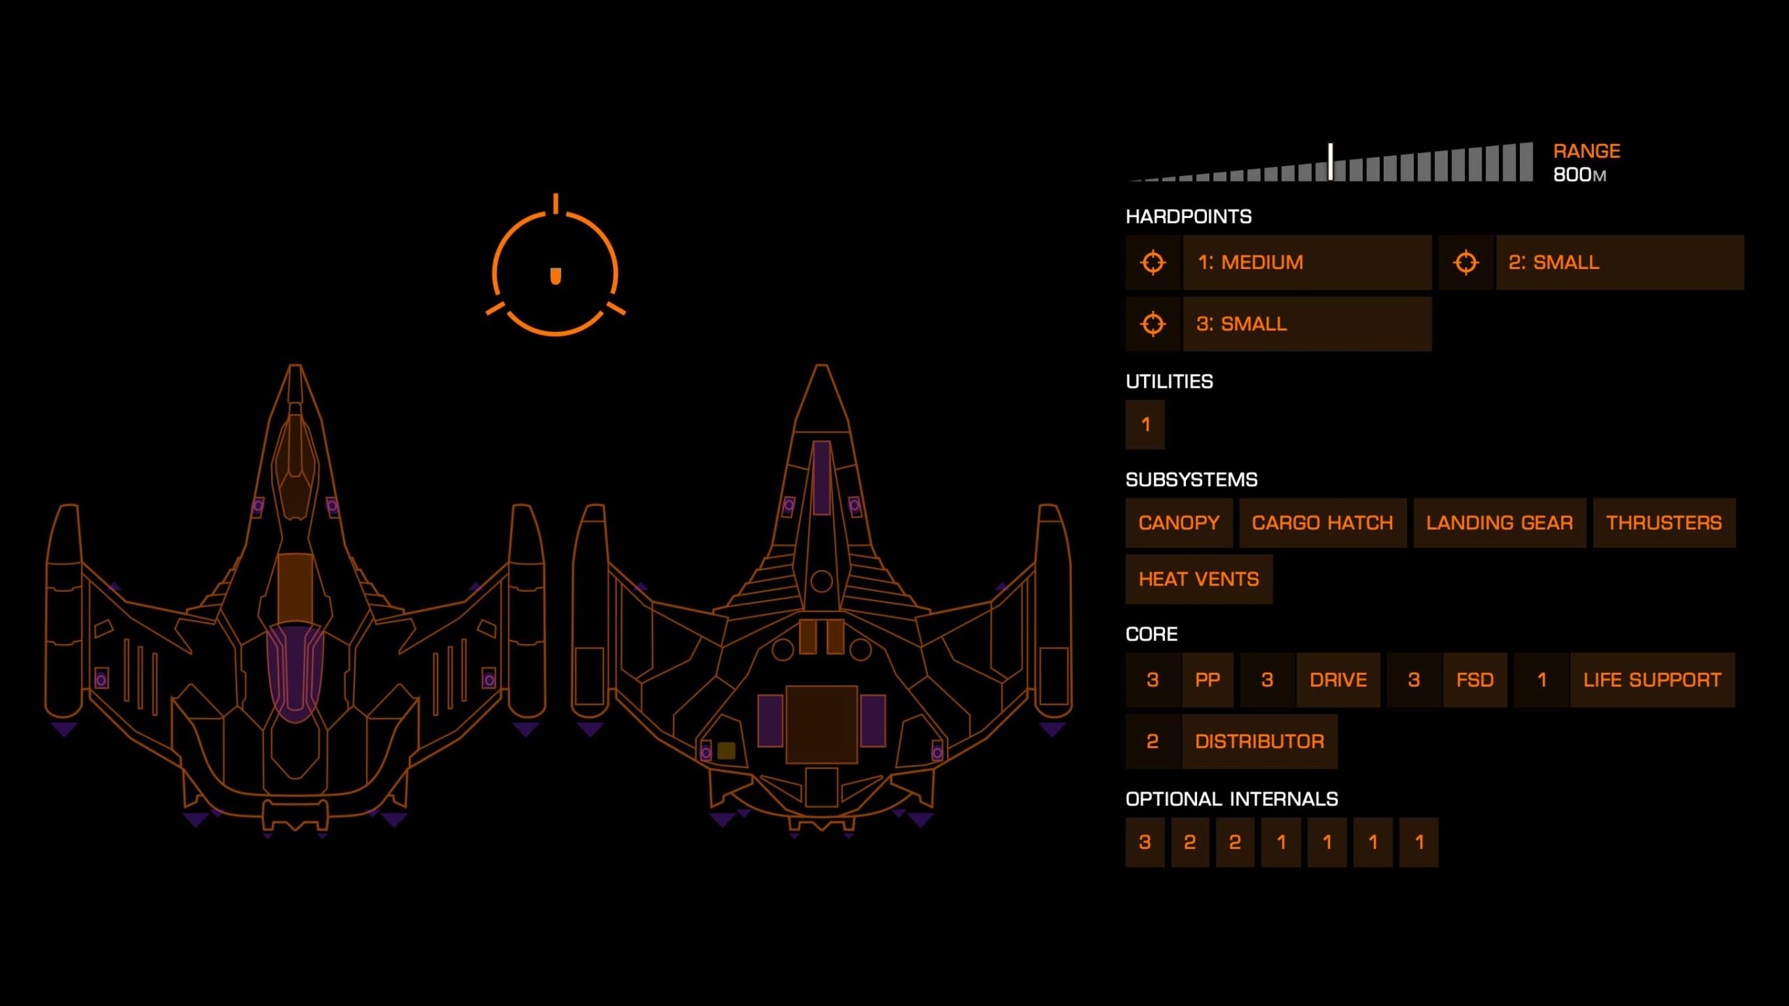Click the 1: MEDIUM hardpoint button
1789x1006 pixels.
click(1306, 263)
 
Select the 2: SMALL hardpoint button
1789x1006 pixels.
click(1619, 263)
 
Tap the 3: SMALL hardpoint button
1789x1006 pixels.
click(1306, 324)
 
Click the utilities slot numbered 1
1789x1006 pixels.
click(1145, 424)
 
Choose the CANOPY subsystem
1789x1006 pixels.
click(1178, 523)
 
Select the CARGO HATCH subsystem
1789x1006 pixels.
click(1322, 523)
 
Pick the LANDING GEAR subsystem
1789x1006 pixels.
click(1499, 523)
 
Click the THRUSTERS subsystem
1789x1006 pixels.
click(1663, 523)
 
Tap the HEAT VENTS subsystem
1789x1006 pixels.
click(1198, 579)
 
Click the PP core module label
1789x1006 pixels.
click(1208, 680)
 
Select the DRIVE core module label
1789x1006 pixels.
click(1338, 680)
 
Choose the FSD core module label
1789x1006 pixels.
click(1475, 680)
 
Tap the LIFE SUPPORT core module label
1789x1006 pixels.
click(1652, 680)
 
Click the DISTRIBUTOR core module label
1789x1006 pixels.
click(1259, 741)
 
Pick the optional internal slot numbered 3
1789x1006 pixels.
click(1145, 842)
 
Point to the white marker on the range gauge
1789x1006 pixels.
click(1331, 162)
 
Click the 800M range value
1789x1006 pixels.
click(1579, 175)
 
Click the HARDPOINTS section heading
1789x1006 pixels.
click(1188, 217)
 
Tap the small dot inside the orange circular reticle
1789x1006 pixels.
click(556, 276)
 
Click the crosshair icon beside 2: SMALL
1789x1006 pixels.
click(1465, 263)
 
